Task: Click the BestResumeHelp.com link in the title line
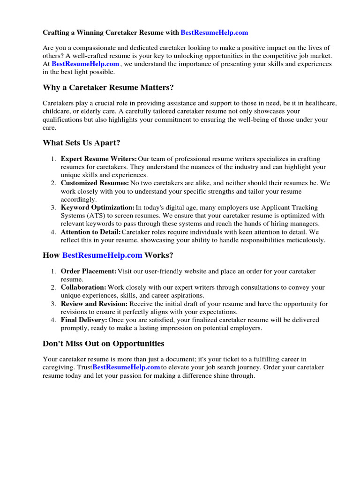coord(214,33)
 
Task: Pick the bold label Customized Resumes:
coord(95,183)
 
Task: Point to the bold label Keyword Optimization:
coord(97,208)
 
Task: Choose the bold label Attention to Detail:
coord(91,232)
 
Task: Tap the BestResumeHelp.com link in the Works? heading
coord(102,255)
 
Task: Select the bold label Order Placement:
coord(89,271)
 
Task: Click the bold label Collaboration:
coord(83,287)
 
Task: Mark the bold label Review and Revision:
coord(95,304)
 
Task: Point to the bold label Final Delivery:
coord(84,320)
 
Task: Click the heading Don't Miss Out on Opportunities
coord(104,344)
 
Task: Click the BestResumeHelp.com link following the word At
coord(85,64)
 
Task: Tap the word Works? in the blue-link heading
coord(159,255)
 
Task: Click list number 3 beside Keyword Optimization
coord(53,208)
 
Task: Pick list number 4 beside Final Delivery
coord(53,320)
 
